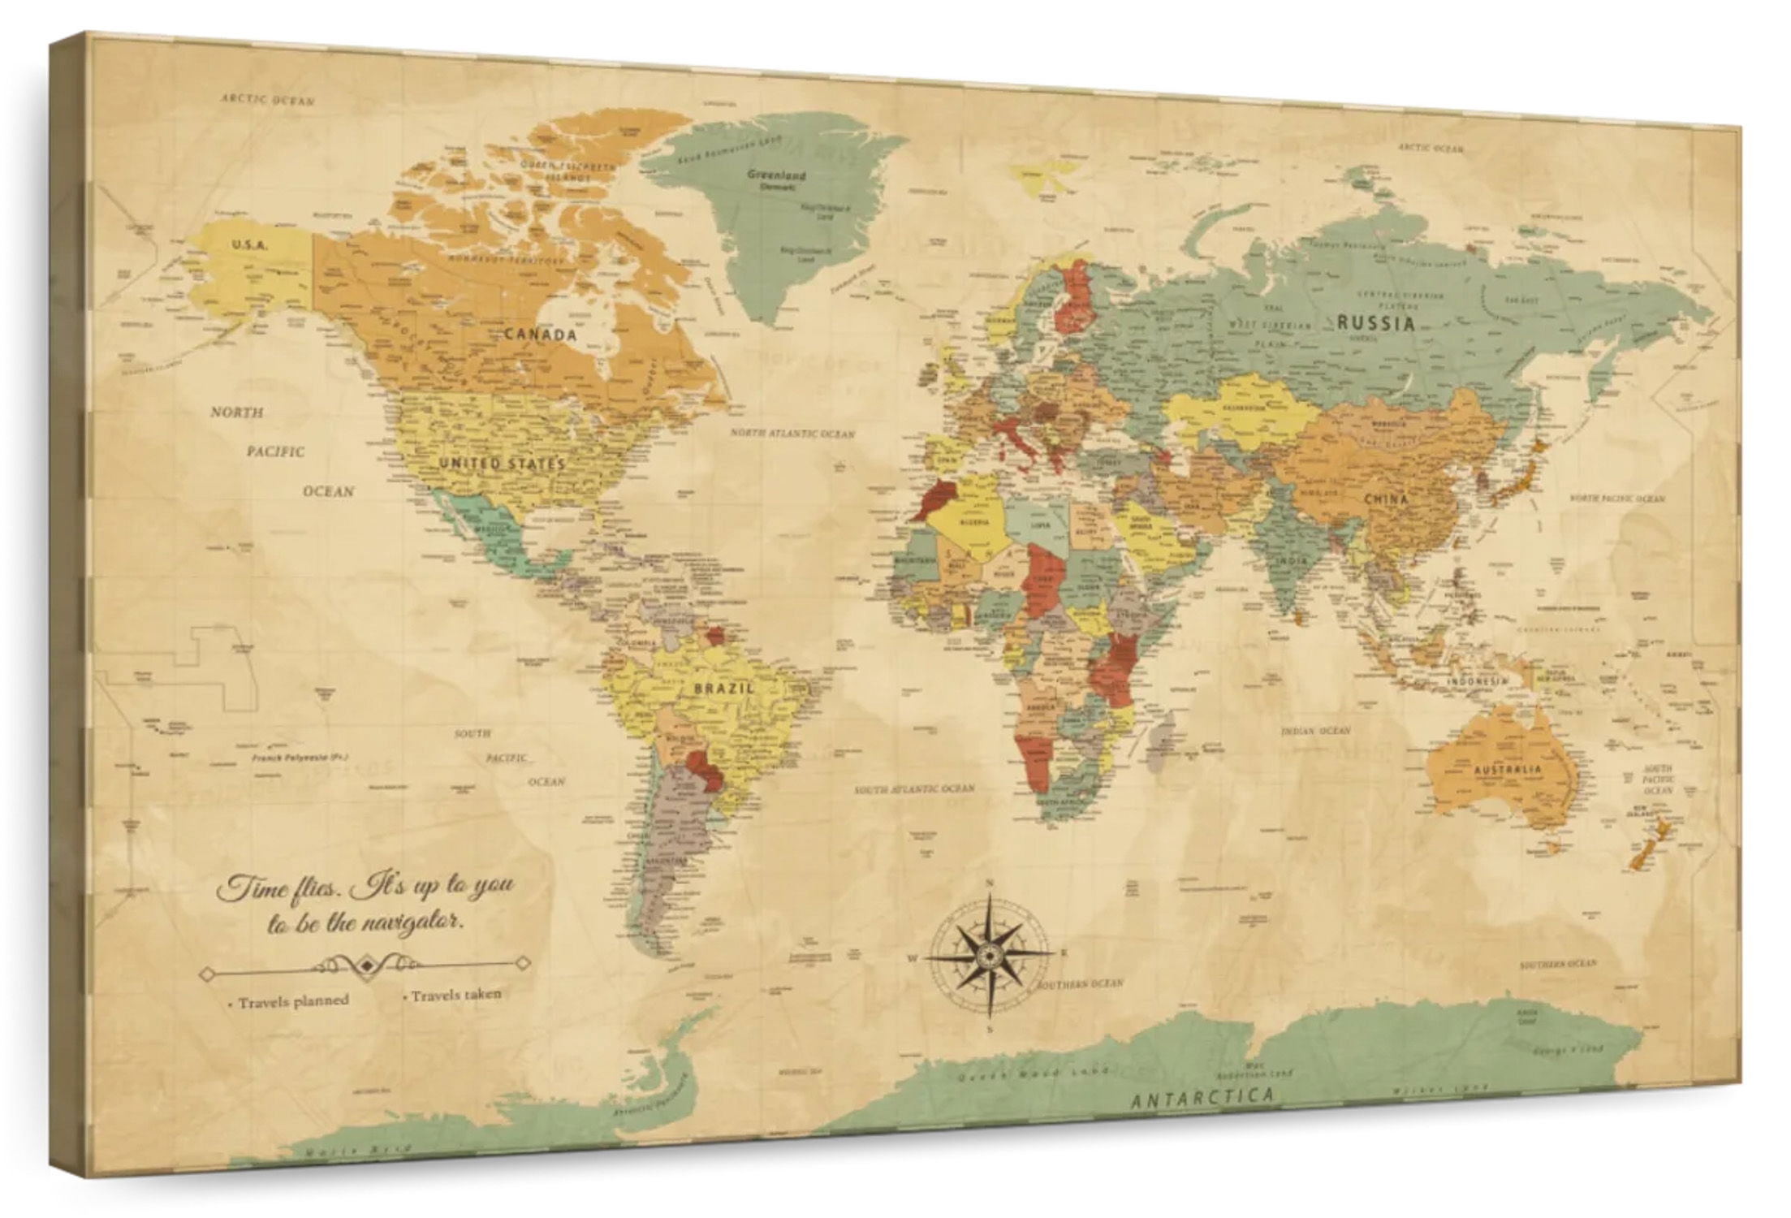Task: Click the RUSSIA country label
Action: click(1375, 322)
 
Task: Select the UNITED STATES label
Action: click(502, 464)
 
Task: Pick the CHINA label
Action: click(1386, 499)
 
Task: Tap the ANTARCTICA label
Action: click(1202, 1098)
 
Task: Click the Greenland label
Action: click(776, 175)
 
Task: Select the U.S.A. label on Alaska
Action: click(249, 244)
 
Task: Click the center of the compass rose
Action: click(990, 955)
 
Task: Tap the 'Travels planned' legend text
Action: click(292, 1001)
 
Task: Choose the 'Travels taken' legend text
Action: click(455, 995)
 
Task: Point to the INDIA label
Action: click(1291, 560)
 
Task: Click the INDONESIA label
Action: click(1477, 680)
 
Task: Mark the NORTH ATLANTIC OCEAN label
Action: click(792, 434)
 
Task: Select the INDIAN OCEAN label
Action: click(1316, 731)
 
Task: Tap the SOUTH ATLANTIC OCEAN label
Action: click(914, 788)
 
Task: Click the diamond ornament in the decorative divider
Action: click(367, 965)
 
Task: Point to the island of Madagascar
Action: click(1162, 735)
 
